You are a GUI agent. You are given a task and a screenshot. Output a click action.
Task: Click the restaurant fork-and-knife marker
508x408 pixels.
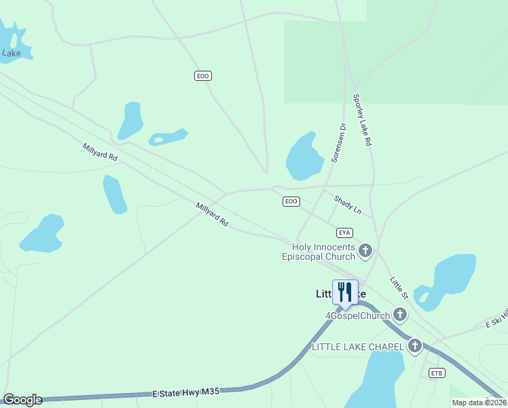(x=345, y=292)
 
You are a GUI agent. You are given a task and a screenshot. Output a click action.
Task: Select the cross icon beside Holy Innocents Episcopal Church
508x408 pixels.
(x=365, y=252)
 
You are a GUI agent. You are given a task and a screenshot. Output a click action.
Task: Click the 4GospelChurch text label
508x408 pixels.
(x=357, y=316)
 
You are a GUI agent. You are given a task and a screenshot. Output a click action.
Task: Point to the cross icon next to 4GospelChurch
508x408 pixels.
(x=400, y=315)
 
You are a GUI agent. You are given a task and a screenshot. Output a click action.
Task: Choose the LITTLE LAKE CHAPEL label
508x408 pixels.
(x=358, y=347)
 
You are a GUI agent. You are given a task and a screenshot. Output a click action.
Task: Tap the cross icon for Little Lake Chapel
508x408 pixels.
(x=415, y=346)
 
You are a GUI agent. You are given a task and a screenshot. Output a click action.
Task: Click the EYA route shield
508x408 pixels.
(x=345, y=233)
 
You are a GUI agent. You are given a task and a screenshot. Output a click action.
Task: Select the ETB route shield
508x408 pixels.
(x=437, y=373)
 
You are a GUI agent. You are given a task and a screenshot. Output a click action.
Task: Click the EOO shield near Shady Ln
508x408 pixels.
(x=291, y=201)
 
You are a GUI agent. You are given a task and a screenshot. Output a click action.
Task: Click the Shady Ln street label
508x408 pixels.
(x=348, y=205)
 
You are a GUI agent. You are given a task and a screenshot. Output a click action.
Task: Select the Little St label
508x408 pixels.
(x=399, y=288)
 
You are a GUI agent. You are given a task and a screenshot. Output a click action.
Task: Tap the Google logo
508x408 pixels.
(x=22, y=400)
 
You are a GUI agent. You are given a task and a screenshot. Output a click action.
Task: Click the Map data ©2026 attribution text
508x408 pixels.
(x=479, y=403)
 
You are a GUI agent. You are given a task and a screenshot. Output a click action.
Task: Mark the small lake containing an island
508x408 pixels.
(x=168, y=137)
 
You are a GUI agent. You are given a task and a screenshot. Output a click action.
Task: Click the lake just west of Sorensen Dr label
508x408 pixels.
(x=304, y=156)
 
